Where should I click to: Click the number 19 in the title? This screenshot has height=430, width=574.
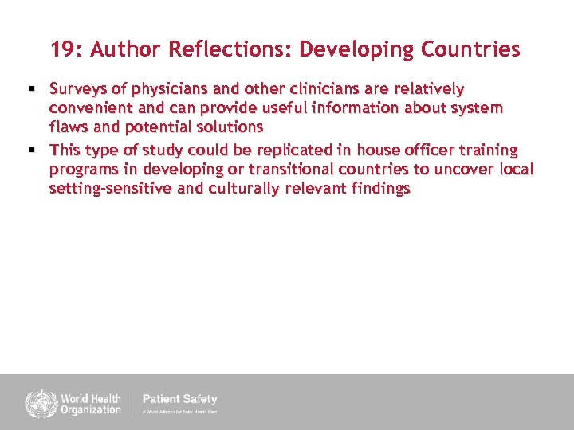click(63, 49)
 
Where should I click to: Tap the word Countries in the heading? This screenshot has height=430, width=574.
click(470, 49)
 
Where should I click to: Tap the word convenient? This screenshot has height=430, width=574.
click(87, 107)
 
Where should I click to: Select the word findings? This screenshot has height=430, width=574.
click(375, 189)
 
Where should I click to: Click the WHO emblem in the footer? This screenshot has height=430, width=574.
click(37, 403)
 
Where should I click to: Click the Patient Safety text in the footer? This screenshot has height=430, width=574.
click(179, 399)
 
